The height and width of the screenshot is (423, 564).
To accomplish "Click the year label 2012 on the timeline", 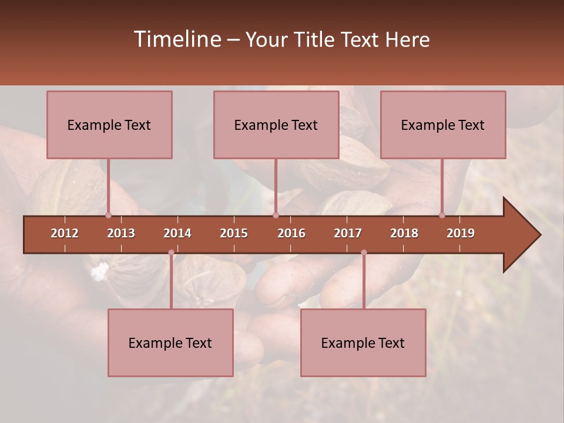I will point(65,233).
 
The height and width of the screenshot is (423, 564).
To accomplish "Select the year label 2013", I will point(121,233).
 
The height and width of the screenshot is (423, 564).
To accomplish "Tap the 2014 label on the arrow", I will point(177,233).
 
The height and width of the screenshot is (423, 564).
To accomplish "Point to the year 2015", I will point(234,233).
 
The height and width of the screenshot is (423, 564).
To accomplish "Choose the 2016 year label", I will point(291,233).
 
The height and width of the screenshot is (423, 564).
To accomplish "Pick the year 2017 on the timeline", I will point(348,233).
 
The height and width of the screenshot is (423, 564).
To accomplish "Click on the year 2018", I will point(404,233).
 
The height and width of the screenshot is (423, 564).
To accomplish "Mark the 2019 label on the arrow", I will point(461,233).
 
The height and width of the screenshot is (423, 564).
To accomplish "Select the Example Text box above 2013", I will point(109,125).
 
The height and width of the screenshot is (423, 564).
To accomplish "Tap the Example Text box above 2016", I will point(276,125).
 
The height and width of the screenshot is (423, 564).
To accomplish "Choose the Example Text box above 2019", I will point(443,125).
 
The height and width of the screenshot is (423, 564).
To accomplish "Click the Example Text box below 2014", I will point(170,343).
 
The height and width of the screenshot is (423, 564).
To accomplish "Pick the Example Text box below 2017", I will point(363,343).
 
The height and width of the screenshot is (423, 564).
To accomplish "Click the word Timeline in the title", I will point(177,39).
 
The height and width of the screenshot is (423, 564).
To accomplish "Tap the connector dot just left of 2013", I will point(108,215).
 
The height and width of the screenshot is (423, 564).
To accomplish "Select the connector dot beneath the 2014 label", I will point(171,253).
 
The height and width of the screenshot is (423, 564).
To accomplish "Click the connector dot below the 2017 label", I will point(364,253).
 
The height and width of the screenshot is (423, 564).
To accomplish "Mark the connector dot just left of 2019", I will point(442,215).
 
